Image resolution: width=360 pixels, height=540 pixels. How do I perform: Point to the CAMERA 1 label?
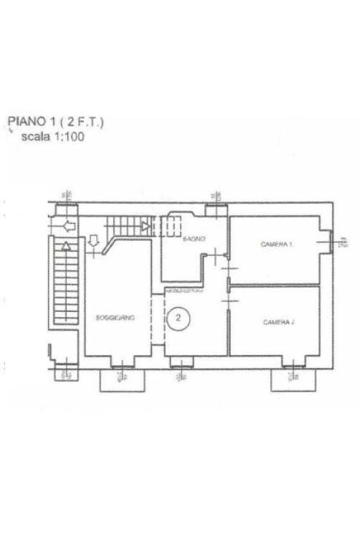(x=277, y=245)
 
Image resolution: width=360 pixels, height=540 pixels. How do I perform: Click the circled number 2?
(x=179, y=317)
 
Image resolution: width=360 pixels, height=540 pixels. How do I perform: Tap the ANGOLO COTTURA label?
(x=185, y=291)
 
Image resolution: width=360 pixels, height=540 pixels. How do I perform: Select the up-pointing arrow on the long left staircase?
(x=65, y=245)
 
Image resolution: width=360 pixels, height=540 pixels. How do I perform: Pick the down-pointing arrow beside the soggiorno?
(x=94, y=245)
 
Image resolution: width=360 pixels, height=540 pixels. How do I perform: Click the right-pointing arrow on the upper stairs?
(x=146, y=226)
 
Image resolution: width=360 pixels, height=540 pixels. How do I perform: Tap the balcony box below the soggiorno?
(x=121, y=380)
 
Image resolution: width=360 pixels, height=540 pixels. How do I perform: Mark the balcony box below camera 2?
(x=293, y=380)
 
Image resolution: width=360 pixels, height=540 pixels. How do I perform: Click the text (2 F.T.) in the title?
(x=85, y=123)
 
